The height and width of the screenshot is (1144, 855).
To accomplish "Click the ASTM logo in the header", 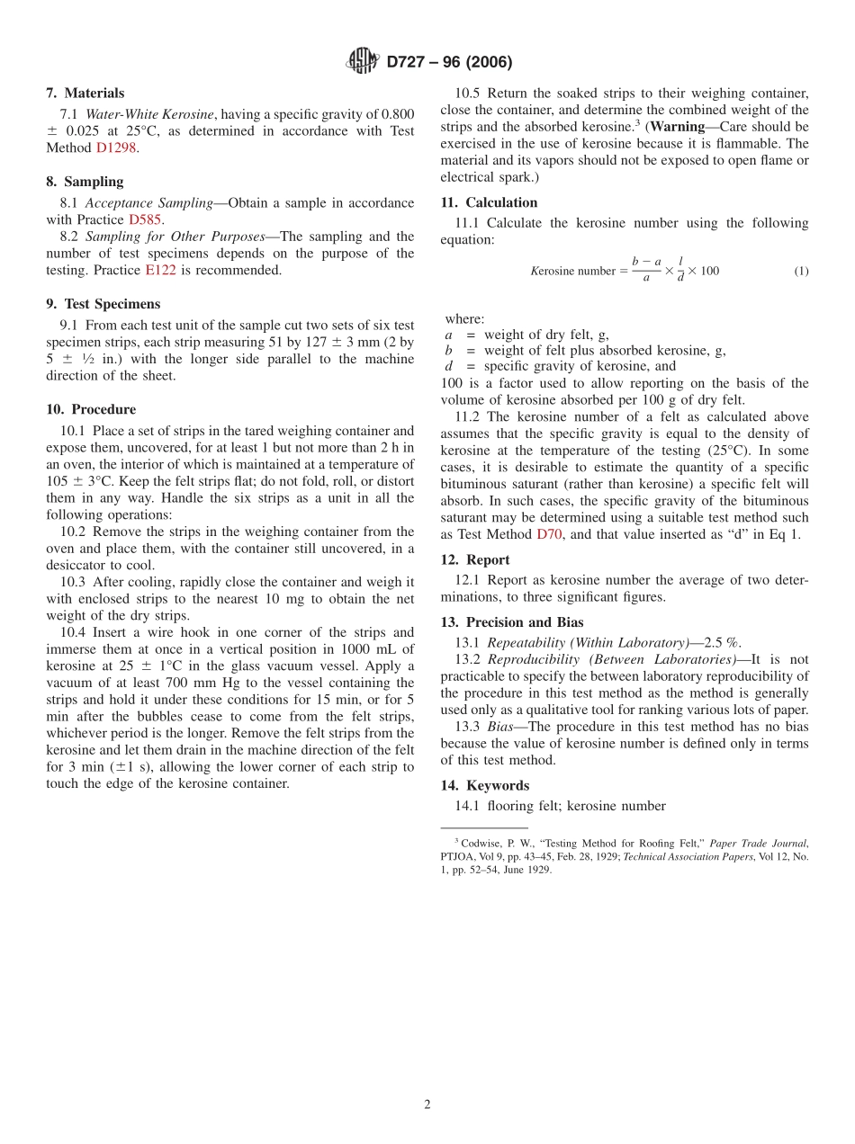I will (363, 62).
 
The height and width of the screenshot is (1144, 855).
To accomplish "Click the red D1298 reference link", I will (116, 147).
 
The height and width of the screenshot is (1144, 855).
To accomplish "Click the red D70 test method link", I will (549, 534).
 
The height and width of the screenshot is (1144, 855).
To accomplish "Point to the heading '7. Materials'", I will (85, 94).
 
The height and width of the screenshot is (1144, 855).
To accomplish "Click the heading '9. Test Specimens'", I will (103, 304).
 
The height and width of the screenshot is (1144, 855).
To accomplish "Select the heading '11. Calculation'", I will (489, 202).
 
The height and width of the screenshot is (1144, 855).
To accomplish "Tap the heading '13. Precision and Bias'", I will (511, 622).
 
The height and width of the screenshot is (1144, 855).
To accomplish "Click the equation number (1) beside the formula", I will (801, 272).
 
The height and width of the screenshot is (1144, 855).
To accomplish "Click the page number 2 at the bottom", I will (427, 1104).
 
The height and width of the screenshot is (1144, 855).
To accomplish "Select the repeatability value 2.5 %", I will (722, 642).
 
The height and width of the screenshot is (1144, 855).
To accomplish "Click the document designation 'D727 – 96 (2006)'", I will (449, 62).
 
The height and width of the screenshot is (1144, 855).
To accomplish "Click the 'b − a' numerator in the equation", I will (646, 262).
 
